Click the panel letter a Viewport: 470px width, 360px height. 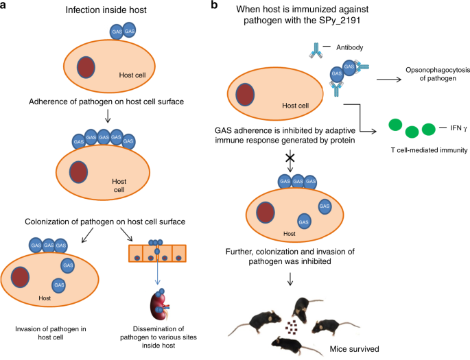pos(5,6)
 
